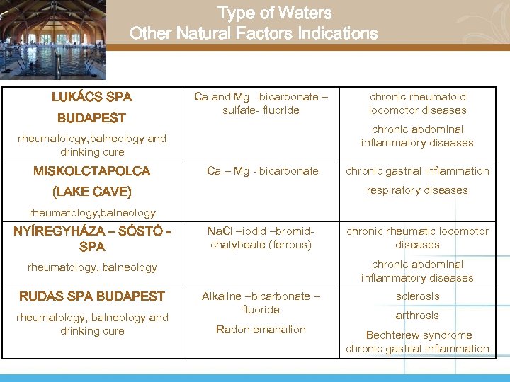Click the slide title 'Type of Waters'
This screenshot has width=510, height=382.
[274, 13]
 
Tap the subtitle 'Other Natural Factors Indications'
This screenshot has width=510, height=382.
[254, 33]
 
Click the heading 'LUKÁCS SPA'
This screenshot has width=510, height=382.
[91, 97]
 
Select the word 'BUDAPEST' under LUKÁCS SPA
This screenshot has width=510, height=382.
[91, 118]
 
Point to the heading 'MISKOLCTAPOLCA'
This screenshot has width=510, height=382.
[91, 171]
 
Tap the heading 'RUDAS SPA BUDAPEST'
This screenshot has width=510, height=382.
[91, 296]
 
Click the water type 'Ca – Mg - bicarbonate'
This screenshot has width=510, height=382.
[262, 171]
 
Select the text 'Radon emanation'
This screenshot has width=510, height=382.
[261, 330]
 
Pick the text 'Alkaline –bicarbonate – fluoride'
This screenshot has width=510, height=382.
[261, 303]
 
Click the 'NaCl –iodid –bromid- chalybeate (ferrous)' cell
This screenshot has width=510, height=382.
[261, 238]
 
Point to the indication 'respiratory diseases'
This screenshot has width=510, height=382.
[417, 190]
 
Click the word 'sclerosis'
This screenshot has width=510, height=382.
[417, 296]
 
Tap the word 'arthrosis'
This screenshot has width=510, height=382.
[417, 316]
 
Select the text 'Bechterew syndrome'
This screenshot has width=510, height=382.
[417, 335]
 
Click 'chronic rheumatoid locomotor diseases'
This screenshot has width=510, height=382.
[417, 103]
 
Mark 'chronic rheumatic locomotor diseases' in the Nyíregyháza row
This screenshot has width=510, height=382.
[417, 238]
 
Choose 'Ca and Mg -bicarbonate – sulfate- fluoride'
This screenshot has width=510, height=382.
[261, 103]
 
